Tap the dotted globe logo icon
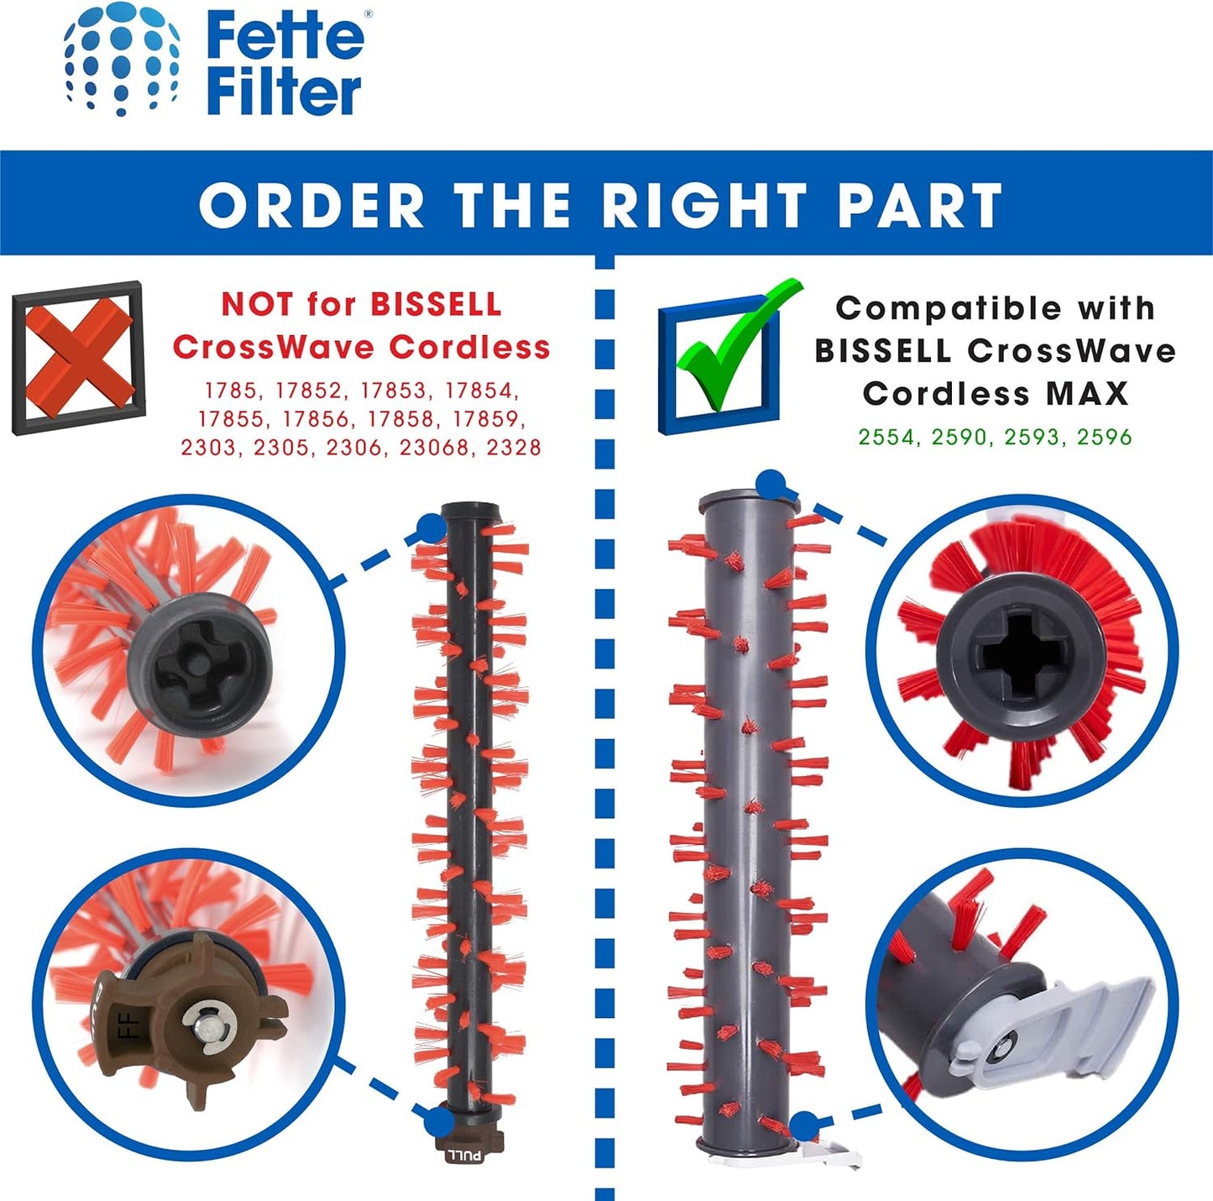tap(122, 60)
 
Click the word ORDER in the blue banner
tap(311, 205)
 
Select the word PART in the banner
tap(920, 205)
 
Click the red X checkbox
tap(79, 358)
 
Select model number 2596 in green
tap(1104, 437)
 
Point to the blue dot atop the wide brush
tap(772, 485)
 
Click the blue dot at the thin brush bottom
tap(440, 1120)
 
